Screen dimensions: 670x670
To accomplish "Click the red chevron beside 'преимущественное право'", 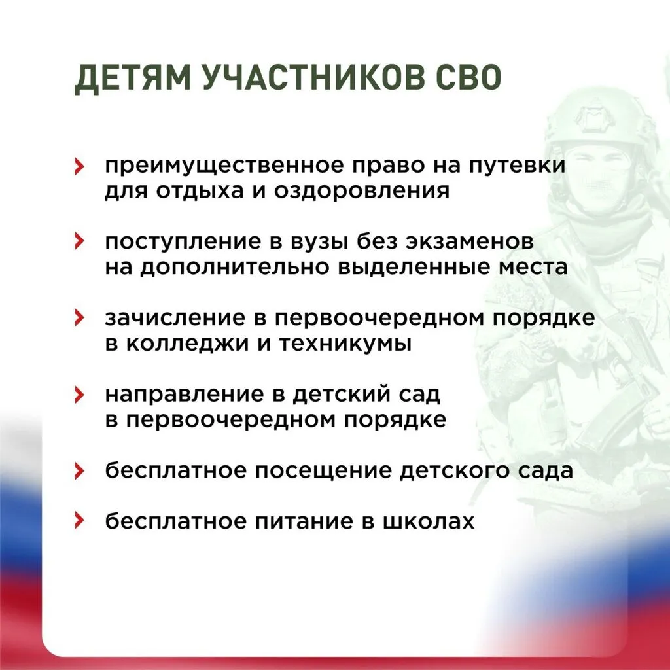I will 79,167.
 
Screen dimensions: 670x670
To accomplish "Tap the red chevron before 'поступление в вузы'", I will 79,242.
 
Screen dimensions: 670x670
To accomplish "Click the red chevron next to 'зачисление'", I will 79,318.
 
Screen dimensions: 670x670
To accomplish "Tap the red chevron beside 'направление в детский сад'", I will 79,395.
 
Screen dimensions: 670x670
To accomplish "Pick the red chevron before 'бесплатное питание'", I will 79,521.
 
